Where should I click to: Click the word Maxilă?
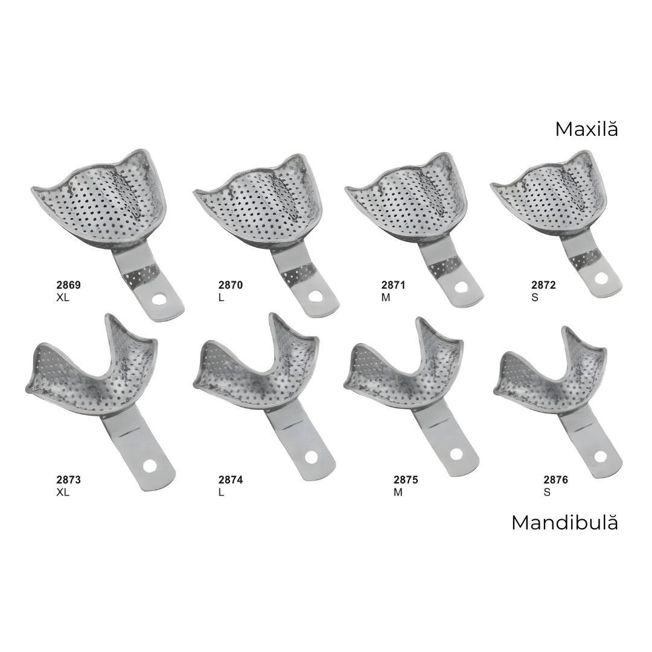tap(586, 129)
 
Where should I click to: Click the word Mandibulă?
tap(564, 523)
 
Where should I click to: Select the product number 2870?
tap(231, 285)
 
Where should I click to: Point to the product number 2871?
tap(393, 285)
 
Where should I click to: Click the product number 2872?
tap(543, 285)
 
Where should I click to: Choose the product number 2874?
tap(231, 480)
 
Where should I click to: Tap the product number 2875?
tap(405, 480)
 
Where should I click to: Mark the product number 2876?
tap(555, 480)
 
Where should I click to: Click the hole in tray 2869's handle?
tap(161, 299)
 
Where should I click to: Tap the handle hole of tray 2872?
tap(600, 279)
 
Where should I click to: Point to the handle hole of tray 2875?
tap(458, 453)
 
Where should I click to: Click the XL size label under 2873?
tap(63, 491)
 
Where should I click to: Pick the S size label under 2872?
tap(535, 297)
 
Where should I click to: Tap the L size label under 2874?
tap(222, 491)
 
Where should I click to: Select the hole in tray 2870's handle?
tap(315, 296)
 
